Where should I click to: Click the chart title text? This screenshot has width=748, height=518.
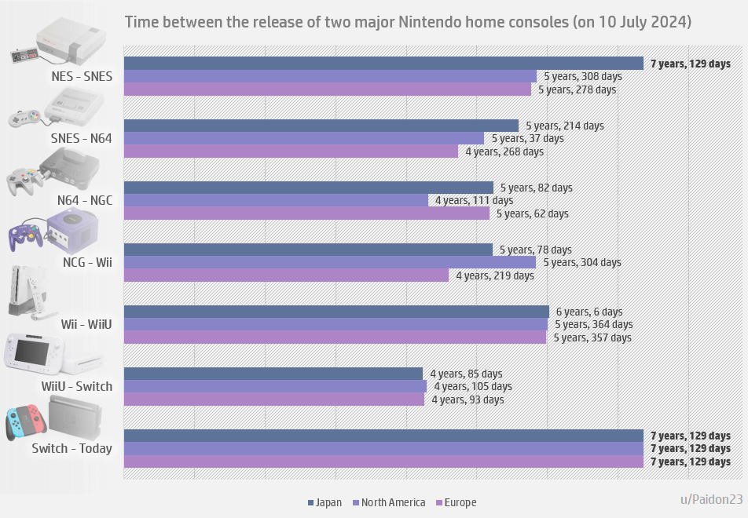[x=408, y=22]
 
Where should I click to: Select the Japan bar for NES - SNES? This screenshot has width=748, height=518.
[x=383, y=64]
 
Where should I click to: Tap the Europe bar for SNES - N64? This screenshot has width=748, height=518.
[x=291, y=151]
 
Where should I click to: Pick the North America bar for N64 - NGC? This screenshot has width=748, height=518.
[x=276, y=200]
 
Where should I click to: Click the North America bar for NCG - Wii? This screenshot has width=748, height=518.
[x=330, y=262]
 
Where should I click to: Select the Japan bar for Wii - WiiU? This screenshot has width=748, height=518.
[x=336, y=312]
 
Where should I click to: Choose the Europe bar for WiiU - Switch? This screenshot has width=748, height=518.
[x=274, y=399]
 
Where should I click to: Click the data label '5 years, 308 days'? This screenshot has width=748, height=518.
[x=583, y=77]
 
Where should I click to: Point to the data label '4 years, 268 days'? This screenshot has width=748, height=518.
[x=504, y=151]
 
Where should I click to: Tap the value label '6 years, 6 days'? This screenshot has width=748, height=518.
[x=589, y=312]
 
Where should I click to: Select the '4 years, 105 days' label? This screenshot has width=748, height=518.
[x=472, y=386]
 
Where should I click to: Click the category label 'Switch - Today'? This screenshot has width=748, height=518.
[x=71, y=449]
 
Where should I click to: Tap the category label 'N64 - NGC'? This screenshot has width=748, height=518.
[x=84, y=200]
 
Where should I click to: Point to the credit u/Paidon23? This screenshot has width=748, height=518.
[x=711, y=499]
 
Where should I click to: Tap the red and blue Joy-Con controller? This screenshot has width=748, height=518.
[x=26, y=421]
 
